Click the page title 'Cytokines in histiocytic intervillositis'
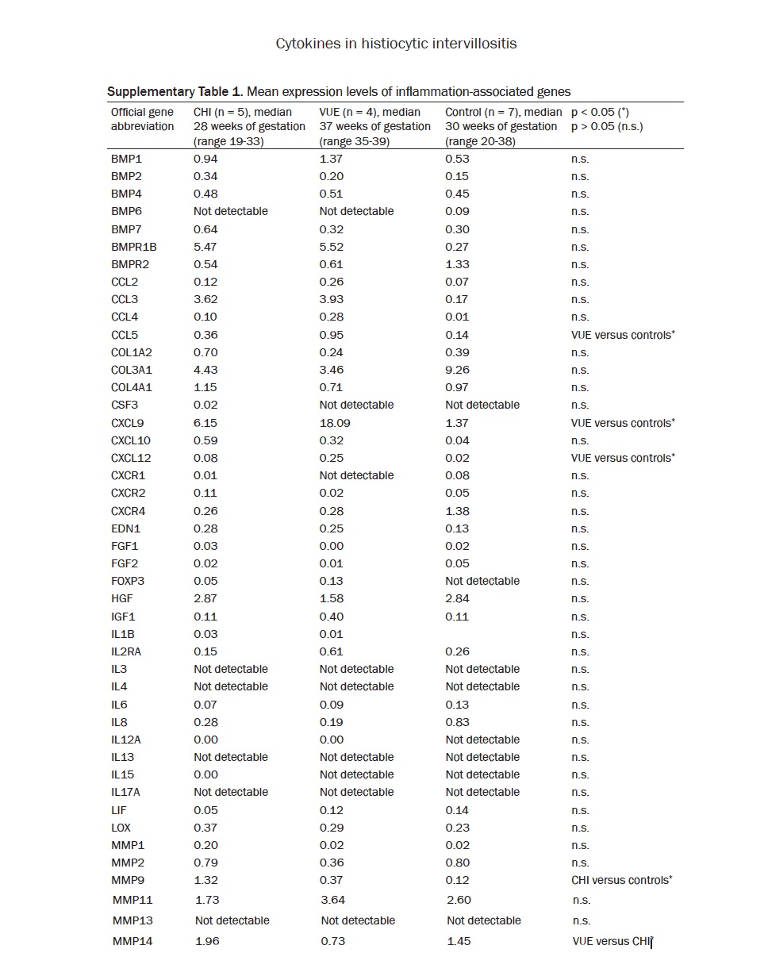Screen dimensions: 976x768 click(396, 44)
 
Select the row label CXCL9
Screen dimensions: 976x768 click(125, 423)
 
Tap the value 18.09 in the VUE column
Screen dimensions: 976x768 click(335, 423)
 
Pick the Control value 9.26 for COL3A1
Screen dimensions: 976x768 click(457, 370)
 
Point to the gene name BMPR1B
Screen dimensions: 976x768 click(134, 247)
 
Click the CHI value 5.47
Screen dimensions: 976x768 click(205, 247)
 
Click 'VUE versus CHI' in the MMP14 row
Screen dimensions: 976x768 click(611, 941)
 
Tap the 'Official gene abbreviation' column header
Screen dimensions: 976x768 click(143, 119)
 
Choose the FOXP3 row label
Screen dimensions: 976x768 click(128, 581)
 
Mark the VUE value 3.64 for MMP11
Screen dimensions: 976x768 click(333, 900)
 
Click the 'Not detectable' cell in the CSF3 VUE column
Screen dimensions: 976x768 click(356, 405)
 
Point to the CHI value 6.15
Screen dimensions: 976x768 click(205, 423)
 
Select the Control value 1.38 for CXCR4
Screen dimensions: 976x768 click(457, 511)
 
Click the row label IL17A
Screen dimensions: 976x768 click(128, 792)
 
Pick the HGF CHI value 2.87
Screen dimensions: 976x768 click(205, 598)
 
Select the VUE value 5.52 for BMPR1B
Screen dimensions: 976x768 click(332, 247)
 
